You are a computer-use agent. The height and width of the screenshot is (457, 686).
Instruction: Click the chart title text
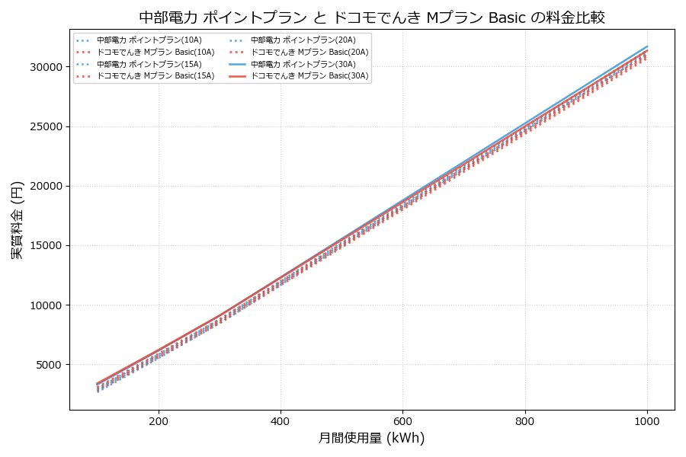pos(372,17)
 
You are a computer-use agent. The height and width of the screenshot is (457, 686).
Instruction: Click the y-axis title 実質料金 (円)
pos(17,219)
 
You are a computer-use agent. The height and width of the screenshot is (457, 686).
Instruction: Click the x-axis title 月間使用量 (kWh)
pos(371,438)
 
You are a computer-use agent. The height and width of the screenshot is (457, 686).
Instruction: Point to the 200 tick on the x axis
pos(159,420)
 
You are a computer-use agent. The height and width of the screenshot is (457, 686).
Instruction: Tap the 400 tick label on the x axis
pos(280,420)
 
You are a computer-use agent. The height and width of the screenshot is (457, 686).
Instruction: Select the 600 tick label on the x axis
pos(402,420)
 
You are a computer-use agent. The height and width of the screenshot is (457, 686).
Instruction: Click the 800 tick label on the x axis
pos(525,420)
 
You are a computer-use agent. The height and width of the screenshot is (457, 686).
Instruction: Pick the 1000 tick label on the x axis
pos(647,420)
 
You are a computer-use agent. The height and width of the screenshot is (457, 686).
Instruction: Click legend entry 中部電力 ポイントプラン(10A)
pos(145,40)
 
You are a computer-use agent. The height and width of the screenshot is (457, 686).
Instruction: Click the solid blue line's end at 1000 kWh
pos(647,46)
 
